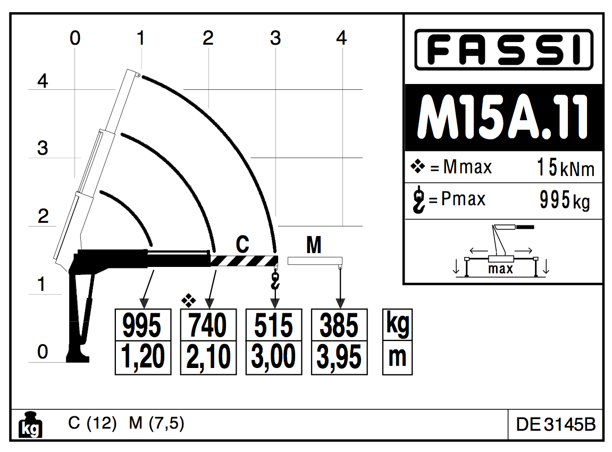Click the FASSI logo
504,49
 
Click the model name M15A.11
503,117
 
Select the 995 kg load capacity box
143,325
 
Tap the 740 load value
208,325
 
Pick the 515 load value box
274,325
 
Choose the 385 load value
339,325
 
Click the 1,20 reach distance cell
143,357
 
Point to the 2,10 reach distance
208,357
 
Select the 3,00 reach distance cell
274,357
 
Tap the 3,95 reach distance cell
339,357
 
